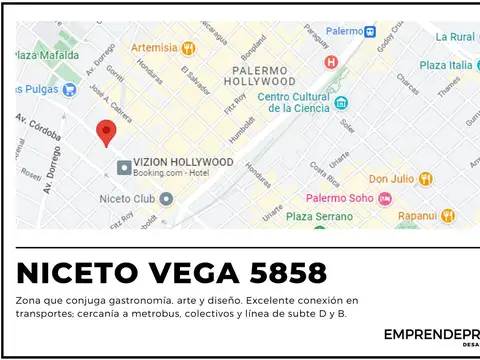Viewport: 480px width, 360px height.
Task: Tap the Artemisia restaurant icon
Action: [x=189, y=47]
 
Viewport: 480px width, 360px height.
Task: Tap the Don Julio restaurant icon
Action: [x=426, y=179]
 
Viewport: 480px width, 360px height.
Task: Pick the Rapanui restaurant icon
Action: [x=447, y=215]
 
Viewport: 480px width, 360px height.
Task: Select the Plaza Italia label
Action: [x=445, y=65]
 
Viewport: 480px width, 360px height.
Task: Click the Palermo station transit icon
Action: [x=370, y=31]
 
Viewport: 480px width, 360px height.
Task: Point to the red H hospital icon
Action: [x=331, y=62]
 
